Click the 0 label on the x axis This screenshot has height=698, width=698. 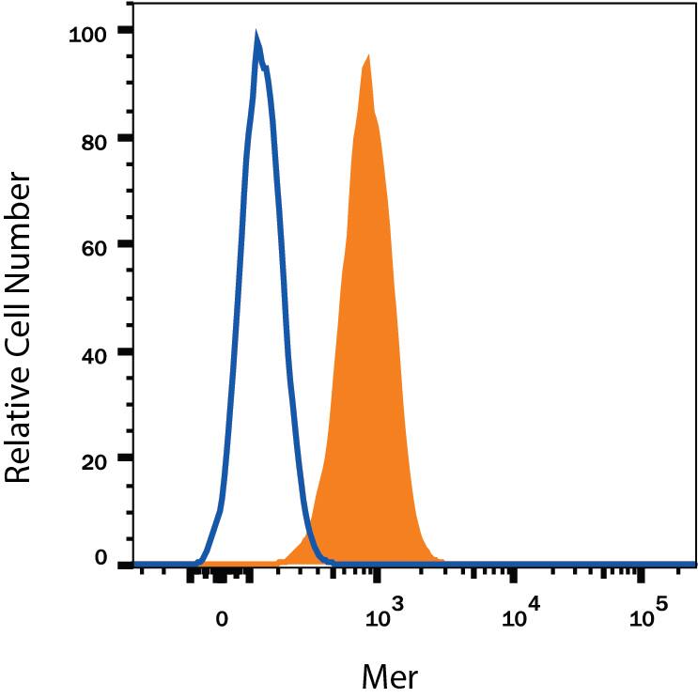pos(221,621)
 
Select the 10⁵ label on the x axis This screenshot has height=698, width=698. pos(648,617)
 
